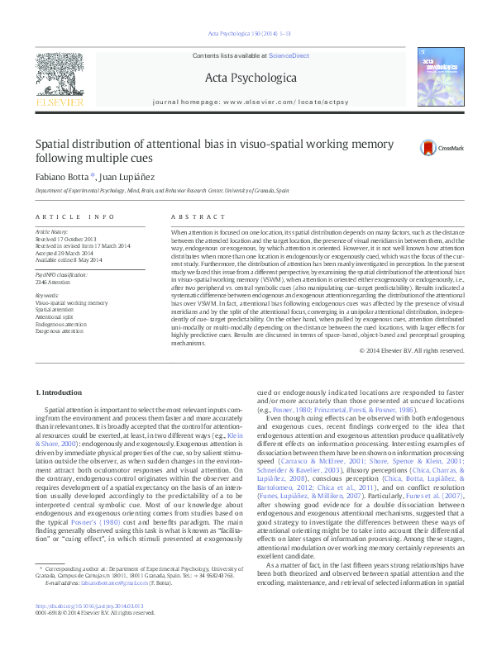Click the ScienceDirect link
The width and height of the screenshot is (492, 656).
tap(288, 55)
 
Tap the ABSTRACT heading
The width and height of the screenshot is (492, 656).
tap(191, 216)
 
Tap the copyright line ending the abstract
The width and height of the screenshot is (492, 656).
tap(412, 350)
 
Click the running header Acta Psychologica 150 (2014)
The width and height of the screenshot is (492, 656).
tap(245, 33)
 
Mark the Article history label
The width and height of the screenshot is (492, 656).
tap(50, 233)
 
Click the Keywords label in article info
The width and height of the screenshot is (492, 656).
tap(47, 296)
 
